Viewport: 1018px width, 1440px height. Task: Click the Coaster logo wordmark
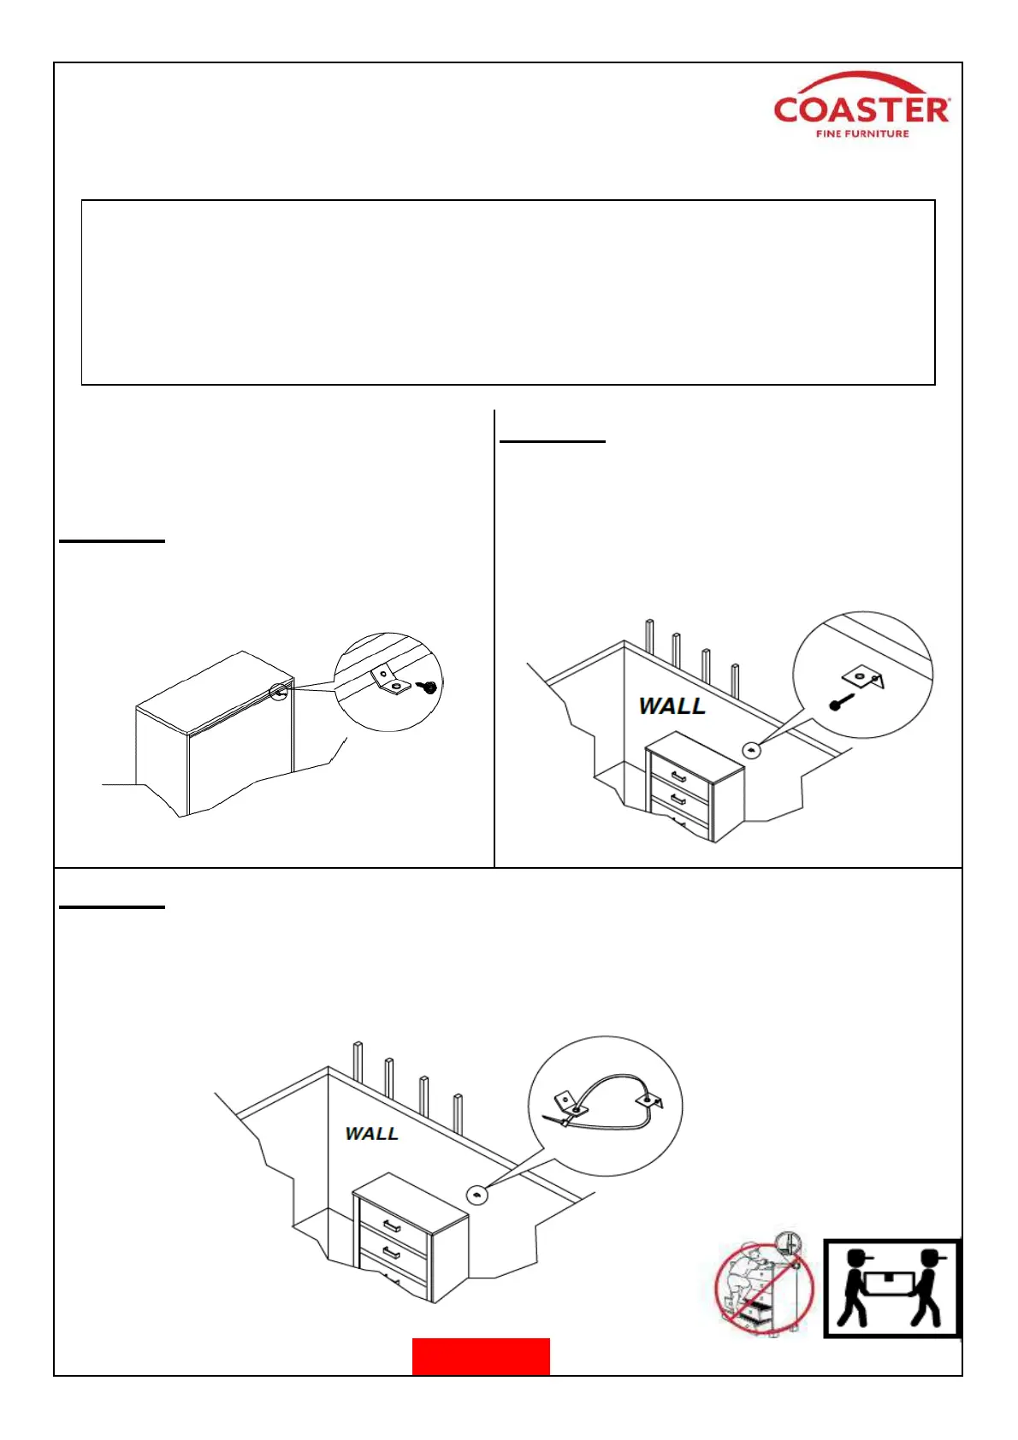861,109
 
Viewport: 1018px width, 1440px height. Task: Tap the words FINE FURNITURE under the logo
862,133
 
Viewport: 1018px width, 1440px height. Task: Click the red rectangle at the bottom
481,1356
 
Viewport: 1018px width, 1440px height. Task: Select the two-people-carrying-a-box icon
891,1288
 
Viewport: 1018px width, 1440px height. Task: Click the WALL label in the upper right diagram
672,706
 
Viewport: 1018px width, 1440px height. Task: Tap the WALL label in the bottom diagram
371,1134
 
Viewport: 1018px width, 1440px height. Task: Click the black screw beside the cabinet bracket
429,686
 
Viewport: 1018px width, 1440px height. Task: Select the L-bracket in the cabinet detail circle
388,681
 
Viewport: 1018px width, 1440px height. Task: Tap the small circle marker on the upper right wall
751,751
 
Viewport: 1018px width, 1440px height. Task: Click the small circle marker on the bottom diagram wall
476,1195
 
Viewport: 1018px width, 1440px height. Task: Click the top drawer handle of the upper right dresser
679,776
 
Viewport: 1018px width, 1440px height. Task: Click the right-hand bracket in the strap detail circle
650,1101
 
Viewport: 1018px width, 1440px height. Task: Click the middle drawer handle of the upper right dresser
679,800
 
